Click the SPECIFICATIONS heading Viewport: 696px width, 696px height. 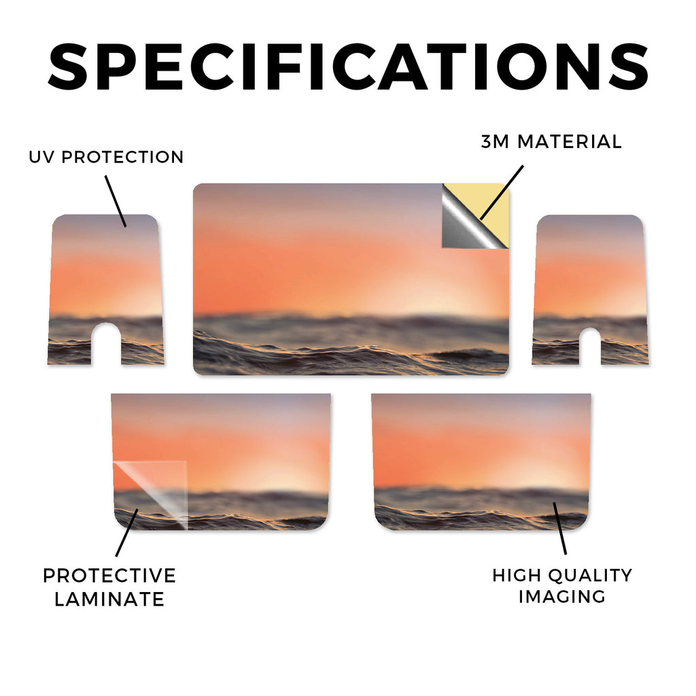[348, 67]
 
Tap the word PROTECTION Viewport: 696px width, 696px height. [122, 157]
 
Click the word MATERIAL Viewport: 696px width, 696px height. [570, 141]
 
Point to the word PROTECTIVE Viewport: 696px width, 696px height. [109, 576]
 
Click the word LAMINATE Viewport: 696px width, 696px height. [109, 599]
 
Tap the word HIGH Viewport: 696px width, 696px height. [516, 575]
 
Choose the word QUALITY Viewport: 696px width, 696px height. [590, 575]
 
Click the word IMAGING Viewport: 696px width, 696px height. [562, 597]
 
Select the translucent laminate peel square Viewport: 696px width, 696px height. [151, 495]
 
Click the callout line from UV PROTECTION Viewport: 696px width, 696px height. [116, 201]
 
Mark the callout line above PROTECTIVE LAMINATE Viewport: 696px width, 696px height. [127, 532]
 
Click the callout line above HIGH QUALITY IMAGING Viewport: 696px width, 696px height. [560, 528]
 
